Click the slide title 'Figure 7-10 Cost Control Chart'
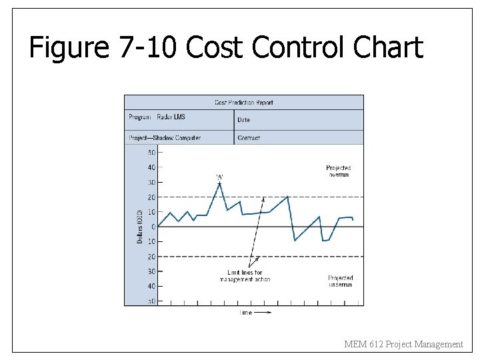coord(226,48)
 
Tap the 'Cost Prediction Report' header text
coord(243,103)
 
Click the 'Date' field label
coord(244,120)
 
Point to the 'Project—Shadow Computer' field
coord(164,138)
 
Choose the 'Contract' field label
coord(249,138)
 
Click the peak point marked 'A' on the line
coord(219,183)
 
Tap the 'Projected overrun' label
coord(338,171)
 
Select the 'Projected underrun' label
coord(340,281)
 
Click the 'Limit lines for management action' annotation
coord(245,276)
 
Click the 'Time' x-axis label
coord(246,312)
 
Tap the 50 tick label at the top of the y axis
coord(152,152)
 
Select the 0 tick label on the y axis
coord(153,227)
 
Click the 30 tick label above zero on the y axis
coord(152,182)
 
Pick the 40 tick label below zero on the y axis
coord(152,286)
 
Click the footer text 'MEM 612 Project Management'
coord(403,344)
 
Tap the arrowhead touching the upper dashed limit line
coord(263,199)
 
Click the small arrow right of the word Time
coord(263,312)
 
